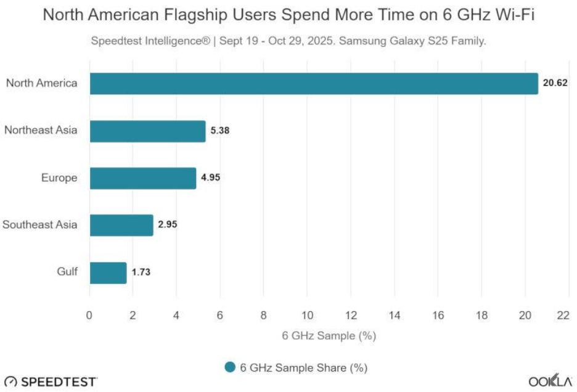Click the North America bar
coord(314,84)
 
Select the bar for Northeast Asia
coord(147,131)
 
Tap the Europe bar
coord(142,178)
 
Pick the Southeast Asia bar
coord(121,225)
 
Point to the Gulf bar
coord(108,272)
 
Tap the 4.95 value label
coord(210,178)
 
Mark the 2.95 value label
coord(168,225)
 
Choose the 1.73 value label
coord(142,272)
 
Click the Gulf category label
coord(67,271)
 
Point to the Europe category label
coord(59,178)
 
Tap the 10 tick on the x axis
coord(307,316)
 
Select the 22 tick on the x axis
coord(563,316)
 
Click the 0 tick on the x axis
coord(90,316)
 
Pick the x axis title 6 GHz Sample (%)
coord(329,336)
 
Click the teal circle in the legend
coord(231,367)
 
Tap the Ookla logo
coord(550,382)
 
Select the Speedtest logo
coord(51,382)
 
